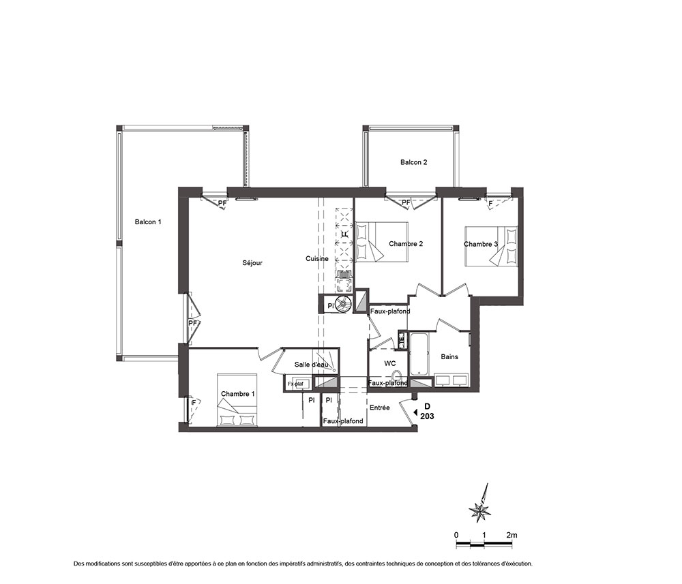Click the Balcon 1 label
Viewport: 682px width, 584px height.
pos(148,222)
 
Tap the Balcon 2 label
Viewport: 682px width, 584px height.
pos(414,162)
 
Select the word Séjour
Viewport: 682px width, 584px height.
pos(252,263)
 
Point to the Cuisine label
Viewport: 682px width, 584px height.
pos(316,258)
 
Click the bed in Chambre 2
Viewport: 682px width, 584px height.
pos(382,242)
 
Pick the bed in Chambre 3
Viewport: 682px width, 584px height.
pos(492,246)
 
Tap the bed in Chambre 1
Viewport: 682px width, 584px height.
pos(237,399)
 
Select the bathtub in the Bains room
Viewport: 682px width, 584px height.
pos(419,354)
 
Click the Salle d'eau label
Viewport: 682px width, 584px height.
pos(311,365)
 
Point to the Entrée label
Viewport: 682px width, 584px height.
pos(380,408)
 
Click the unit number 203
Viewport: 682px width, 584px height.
pos(427,416)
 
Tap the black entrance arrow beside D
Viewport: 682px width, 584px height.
pos(415,412)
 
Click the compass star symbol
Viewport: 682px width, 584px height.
pos(480,510)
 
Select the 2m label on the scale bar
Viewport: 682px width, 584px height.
pos(512,535)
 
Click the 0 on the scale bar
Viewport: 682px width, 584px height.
pos(456,535)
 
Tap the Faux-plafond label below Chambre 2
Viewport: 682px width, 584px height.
pos(390,311)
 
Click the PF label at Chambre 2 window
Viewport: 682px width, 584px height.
pos(406,202)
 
